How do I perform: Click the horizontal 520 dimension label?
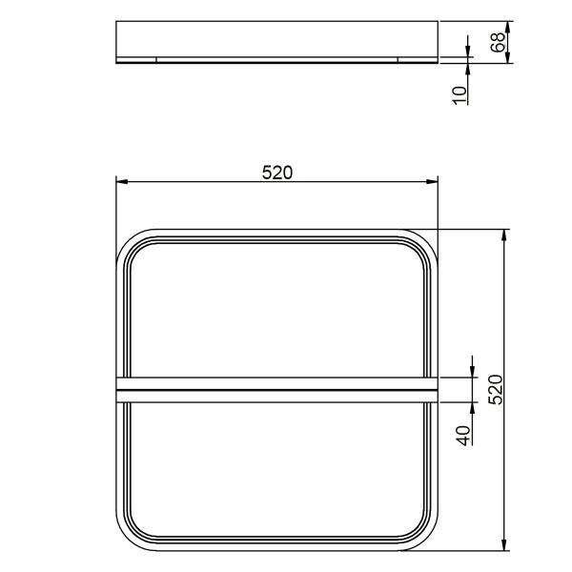pos(277,173)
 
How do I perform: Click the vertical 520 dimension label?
pos(496,389)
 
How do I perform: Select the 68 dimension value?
pos(498,42)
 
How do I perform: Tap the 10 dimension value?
pos(460,95)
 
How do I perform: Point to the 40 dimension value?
pos(464,436)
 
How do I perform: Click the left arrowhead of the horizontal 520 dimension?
pos(122,181)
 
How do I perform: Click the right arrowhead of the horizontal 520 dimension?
pos(432,181)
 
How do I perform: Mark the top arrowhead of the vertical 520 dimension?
pos(504,235)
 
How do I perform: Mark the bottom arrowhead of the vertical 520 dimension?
pos(504,544)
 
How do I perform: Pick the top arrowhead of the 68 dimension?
pos(507,27)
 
